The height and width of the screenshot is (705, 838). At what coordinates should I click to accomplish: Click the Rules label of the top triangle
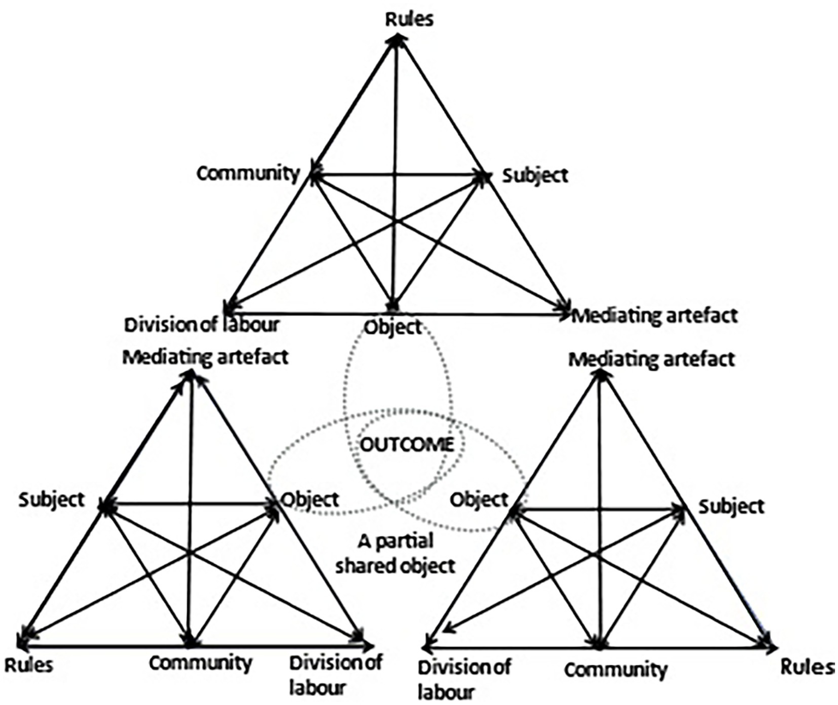coord(409,19)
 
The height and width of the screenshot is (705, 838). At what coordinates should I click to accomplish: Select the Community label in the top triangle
coord(248,174)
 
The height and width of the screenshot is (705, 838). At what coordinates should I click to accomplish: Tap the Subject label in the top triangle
coord(535,176)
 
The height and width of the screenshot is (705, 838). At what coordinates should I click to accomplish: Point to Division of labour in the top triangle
coord(202,325)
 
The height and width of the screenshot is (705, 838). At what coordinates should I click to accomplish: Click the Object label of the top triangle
coord(393,327)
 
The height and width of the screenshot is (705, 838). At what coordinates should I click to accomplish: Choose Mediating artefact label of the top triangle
coord(655,316)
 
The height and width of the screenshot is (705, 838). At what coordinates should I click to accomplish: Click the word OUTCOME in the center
coord(407,445)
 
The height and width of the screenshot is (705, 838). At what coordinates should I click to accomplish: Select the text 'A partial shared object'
coord(395,553)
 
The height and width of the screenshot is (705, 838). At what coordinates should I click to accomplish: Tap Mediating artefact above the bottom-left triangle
coord(205,358)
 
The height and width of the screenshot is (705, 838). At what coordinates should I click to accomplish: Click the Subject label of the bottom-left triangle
coord(52,500)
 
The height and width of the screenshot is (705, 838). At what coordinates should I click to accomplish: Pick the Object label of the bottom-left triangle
coord(310,500)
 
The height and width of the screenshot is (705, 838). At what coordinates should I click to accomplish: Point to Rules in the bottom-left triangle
coord(29,665)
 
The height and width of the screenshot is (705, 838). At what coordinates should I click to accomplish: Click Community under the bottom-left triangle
coord(201,663)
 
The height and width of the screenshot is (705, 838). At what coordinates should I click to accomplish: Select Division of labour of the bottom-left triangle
coord(335,675)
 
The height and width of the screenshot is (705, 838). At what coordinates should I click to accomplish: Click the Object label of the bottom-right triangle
coord(479,500)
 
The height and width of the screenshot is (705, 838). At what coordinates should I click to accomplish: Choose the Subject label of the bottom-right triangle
coord(732,506)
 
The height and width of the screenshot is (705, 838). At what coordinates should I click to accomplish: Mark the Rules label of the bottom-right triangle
coord(807,667)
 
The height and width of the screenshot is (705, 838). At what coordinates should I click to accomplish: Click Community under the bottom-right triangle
coord(615,670)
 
